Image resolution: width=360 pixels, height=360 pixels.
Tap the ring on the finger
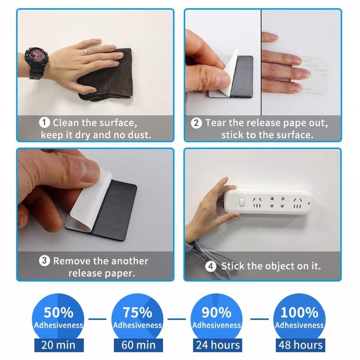[x=86, y=52]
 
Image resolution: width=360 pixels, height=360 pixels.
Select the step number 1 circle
[x=44, y=123]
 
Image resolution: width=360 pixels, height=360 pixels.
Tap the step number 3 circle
[x=44, y=260]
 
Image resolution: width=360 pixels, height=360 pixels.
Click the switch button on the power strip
[x=242, y=202]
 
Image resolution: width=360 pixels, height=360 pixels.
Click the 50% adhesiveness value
[x=58, y=312]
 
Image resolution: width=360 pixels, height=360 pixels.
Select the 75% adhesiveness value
[x=138, y=312]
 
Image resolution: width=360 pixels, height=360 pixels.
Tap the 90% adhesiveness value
[x=216, y=312]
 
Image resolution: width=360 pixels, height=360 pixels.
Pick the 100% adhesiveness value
[x=299, y=312]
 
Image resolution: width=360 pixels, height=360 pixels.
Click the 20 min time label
[x=58, y=345]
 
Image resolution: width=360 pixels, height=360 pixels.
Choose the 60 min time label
[x=138, y=345]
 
